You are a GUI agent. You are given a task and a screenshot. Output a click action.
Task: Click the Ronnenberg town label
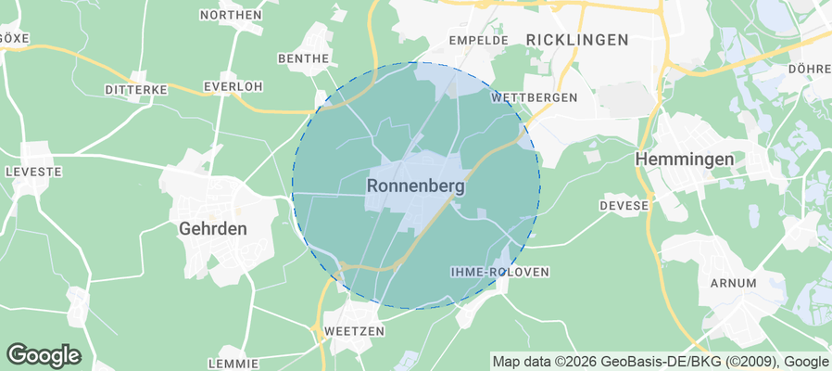416,185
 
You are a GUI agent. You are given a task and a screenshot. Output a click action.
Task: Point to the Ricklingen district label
576,40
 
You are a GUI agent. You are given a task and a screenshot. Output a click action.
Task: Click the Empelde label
478,41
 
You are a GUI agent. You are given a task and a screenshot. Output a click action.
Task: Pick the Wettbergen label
535,97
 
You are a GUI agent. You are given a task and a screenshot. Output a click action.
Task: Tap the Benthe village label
303,58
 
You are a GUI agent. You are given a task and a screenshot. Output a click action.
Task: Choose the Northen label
230,15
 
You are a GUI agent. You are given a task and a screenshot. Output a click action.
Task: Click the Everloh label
233,86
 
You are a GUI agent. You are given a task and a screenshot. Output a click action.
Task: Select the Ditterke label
135,90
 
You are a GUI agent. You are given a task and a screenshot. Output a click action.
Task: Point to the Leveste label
32,173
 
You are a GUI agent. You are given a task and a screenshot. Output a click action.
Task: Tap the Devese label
624,205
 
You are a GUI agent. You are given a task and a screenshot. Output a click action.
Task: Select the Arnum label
733,283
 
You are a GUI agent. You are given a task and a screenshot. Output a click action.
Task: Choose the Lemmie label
232,364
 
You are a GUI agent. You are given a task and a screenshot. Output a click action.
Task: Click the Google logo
44,354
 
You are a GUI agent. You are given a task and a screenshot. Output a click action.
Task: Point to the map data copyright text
661,362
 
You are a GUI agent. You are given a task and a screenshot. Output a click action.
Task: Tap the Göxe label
14,38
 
